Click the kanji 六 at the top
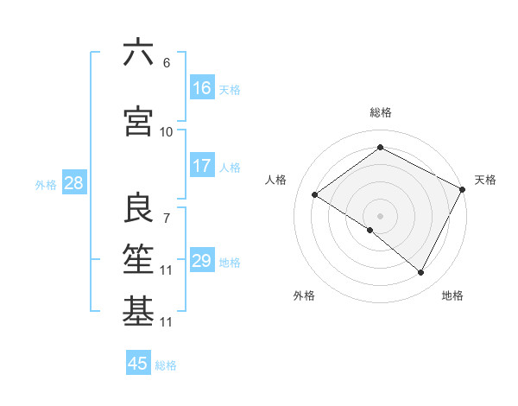click(138, 53)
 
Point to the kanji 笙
click(138, 259)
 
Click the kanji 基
click(138, 312)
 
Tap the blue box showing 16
click(202, 87)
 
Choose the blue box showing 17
click(202, 166)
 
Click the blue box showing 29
click(202, 261)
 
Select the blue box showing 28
click(73, 183)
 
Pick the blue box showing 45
click(138, 364)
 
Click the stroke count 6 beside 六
click(167, 62)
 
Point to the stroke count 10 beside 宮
click(167, 131)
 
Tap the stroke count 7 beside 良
click(167, 218)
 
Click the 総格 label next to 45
click(166, 365)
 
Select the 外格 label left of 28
click(46, 184)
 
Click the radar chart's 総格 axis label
click(380, 112)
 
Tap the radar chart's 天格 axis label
click(485, 180)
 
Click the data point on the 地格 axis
click(421, 273)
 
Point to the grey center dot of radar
click(380, 215)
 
